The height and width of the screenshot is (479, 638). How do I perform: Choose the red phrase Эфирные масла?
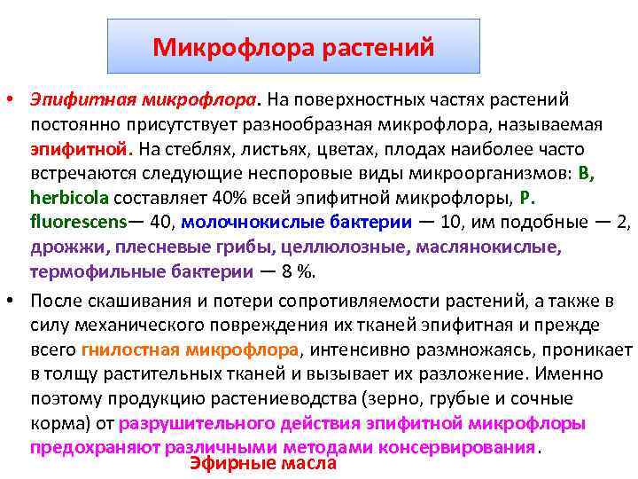coord(263,463)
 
